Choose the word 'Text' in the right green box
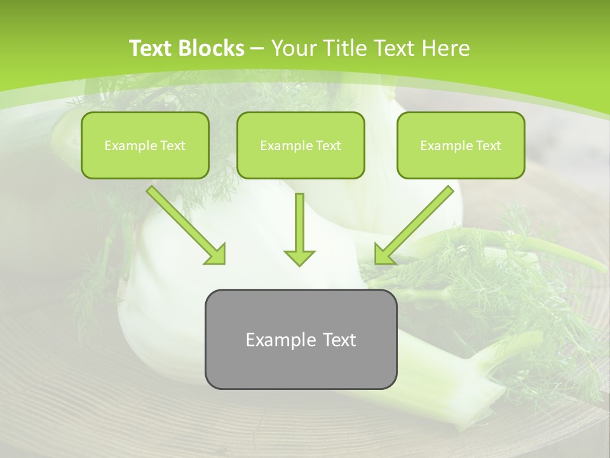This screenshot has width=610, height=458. [x=488, y=146]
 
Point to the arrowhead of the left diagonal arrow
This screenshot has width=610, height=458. [x=216, y=254]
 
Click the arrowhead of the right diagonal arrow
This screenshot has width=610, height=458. [x=384, y=254]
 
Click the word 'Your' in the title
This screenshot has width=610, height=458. [x=295, y=48]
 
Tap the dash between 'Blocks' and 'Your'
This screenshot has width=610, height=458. [x=257, y=48]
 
